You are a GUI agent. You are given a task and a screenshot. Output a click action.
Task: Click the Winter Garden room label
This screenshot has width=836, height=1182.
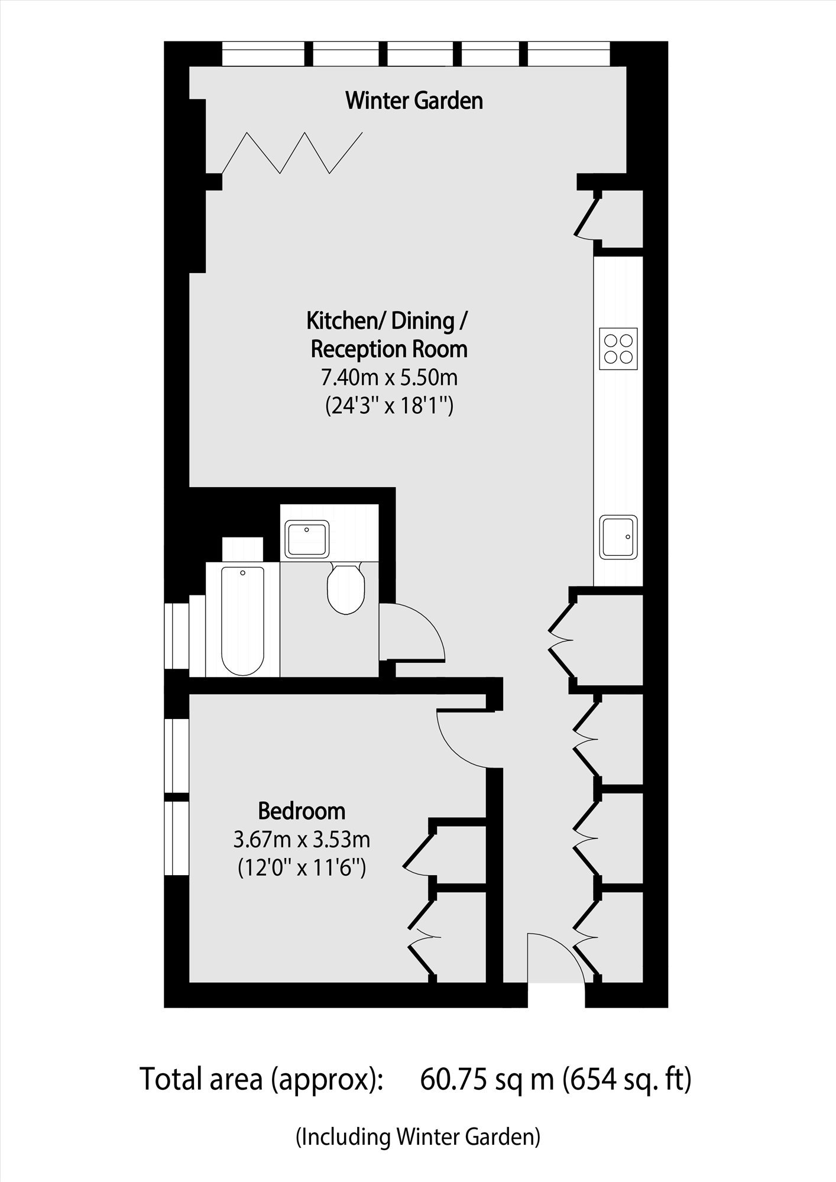pyautogui.click(x=414, y=101)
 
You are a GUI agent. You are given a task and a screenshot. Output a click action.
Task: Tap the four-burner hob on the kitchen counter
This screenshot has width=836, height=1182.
pyautogui.click(x=618, y=349)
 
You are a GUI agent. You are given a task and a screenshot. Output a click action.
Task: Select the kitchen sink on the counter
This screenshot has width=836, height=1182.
pyautogui.click(x=618, y=537)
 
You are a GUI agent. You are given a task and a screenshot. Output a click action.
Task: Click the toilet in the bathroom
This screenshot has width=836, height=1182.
pyautogui.click(x=345, y=588)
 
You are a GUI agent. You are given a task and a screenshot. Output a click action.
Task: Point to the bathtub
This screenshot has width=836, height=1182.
pyautogui.click(x=242, y=620)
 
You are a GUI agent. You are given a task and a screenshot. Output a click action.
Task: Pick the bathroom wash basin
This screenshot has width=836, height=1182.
pyautogui.click(x=307, y=538)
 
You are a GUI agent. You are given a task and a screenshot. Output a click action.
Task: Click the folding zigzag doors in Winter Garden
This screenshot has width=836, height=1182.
pyautogui.click(x=292, y=153)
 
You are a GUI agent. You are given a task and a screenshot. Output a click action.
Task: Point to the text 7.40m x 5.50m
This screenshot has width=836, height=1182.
pyautogui.click(x=390, y=377)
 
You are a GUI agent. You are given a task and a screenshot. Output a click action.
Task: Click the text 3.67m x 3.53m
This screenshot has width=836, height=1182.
pyautogui.click(x=302, y=839)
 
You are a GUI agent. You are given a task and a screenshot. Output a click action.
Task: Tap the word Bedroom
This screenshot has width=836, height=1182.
pyautogui.click(x=302, y=811)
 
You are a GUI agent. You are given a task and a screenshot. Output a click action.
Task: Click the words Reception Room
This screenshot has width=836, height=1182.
pyautogui.click(x=389, y=349)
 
